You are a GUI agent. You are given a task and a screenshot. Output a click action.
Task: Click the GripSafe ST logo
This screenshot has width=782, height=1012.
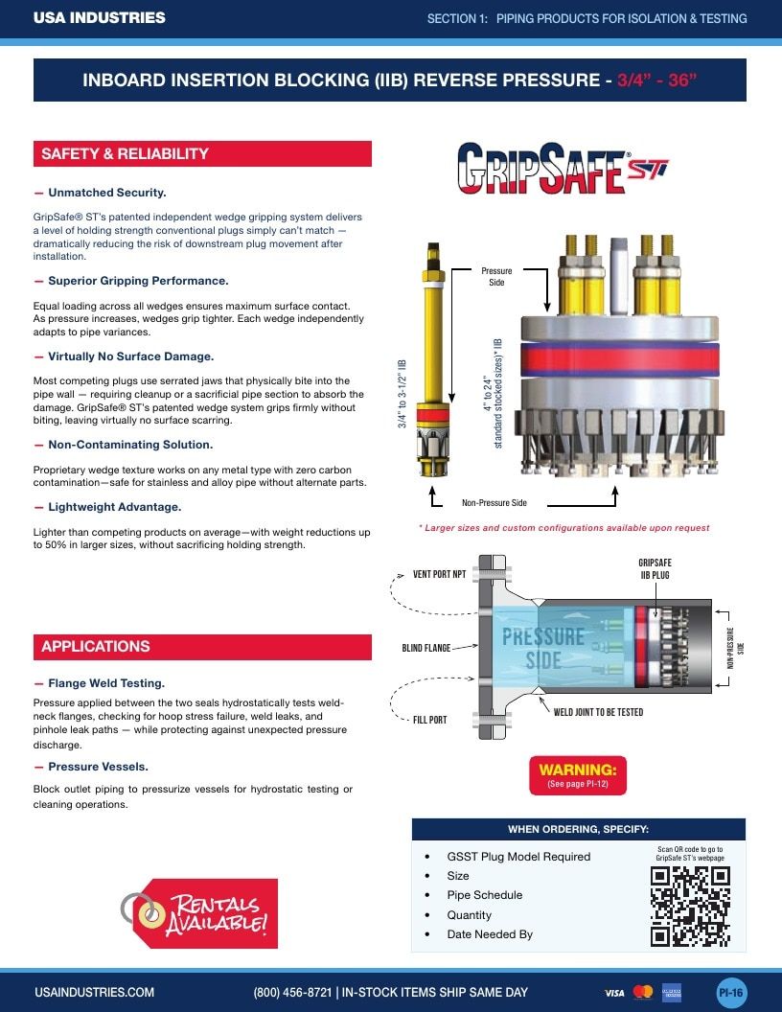[563, 168]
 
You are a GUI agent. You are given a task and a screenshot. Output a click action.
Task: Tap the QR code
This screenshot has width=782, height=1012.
[690, 907]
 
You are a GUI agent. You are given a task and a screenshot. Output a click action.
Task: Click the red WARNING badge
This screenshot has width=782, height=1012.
[578, 775]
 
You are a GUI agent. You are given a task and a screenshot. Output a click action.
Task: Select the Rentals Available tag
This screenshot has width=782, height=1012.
[200, 912]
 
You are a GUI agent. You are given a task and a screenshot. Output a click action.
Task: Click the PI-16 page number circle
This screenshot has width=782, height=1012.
[731, 992]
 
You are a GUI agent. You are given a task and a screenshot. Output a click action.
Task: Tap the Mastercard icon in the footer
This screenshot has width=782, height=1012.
[643, 992]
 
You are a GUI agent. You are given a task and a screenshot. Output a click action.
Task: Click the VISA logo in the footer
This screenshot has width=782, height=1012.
[614, 993]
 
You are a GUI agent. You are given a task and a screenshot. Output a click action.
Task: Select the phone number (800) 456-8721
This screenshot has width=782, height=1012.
[292, 992]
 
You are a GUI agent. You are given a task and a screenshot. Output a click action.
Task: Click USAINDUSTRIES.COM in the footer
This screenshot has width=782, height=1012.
[94, 992]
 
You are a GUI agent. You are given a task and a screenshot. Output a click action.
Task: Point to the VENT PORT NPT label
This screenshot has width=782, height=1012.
[439, 574]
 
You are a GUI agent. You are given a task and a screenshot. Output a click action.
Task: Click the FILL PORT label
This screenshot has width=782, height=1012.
[429, 720]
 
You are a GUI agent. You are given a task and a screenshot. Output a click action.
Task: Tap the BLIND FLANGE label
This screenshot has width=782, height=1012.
[425, 647]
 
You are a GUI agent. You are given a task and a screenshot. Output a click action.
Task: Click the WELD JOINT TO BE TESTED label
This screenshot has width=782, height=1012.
[598, 712]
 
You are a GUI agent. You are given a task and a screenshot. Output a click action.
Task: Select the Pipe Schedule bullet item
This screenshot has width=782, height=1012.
[485, 895]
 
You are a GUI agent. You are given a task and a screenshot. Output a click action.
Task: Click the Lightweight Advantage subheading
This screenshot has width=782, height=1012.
[114, 507]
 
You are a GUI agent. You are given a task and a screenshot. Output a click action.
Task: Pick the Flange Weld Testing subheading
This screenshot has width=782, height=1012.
[106, 683]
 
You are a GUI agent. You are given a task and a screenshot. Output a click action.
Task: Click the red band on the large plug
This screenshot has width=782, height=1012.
[620, 359]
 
